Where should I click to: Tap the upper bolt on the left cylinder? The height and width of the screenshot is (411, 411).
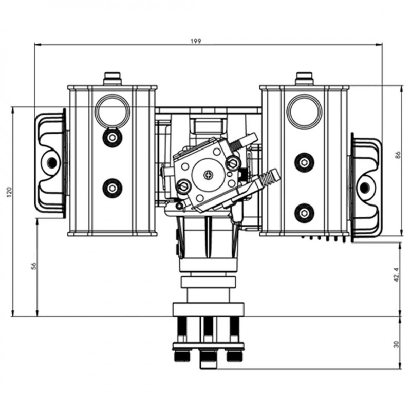point(112,137)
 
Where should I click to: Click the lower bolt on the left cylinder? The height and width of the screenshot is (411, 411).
point(112,188)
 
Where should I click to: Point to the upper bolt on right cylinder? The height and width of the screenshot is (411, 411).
point(304,162)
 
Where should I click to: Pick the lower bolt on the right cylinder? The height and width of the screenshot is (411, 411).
point(304,212)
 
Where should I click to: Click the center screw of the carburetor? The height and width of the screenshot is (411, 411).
point(208,175)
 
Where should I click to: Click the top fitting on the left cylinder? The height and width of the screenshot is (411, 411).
point(112,79)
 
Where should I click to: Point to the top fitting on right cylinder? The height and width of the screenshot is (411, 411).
point(304,79)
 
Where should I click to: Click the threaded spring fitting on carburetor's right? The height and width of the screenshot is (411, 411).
point(269,179)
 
